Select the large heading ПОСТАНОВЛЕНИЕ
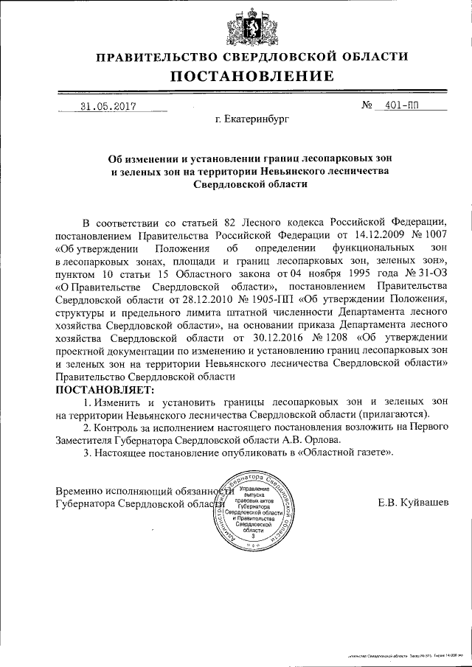(x=252, y=76)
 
